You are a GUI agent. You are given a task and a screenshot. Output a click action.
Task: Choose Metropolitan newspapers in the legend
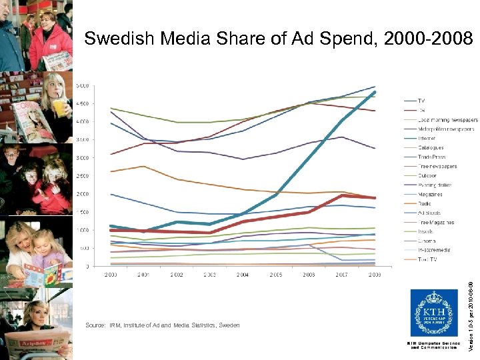tap(445, 129)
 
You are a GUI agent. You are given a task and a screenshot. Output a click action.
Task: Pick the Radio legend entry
tap(425, 203)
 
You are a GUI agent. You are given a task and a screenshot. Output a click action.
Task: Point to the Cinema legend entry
tap(427, 241)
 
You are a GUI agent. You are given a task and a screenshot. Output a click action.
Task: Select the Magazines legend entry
tap(430, 194)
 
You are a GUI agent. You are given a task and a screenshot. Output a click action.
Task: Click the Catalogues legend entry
tap(431, 147)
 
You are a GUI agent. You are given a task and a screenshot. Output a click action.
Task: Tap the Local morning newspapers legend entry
tap(447, 119)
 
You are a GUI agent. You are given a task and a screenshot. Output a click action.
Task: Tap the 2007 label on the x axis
tap(341, 274)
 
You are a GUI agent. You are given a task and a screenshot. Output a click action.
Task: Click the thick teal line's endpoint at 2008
tap(374, 92)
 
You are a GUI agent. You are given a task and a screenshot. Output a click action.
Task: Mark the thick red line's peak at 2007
tap(341, 195)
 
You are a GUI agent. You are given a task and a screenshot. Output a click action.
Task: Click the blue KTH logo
tap(433, 313)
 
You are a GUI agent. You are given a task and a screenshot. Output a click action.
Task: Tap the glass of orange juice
tap(61, 107)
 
